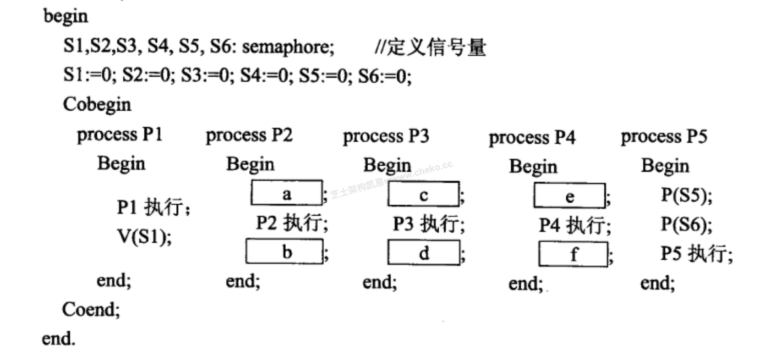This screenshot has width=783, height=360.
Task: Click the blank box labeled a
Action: click(x=286, y=193)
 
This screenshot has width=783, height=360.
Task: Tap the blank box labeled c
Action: click(x=423, y=194)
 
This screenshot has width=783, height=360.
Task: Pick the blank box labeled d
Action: click(x=423, y=252)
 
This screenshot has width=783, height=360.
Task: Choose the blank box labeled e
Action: click(x=570, y=195)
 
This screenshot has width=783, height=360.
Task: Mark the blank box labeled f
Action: click(x=573, y=253)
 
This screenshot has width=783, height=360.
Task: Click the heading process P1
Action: click(x=119, y=135)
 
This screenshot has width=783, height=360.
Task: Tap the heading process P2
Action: click(x=249, y=136)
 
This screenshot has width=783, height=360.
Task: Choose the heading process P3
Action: click(x=386, y=136)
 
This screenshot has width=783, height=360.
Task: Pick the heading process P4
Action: click(x=532, y=138)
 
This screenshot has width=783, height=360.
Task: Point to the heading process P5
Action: click(x=664, y=136)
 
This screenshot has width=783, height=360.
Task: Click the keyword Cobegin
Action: click(x=97, y=104)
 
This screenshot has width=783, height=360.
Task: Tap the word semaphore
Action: click(x=288, y=48)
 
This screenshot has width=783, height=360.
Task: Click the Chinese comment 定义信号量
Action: click(x=437, y=48)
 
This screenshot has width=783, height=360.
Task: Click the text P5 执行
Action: click(x=696, y=253)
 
